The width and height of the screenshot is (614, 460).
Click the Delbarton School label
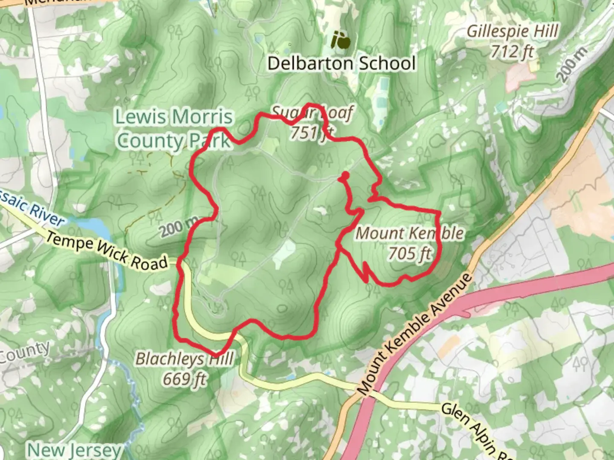341,63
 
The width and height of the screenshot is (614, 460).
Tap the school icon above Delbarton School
341,41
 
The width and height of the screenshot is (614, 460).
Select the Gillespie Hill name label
512,32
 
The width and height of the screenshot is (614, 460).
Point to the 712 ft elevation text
512,52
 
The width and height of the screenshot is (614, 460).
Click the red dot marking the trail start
345,175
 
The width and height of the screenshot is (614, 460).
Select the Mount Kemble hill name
409,233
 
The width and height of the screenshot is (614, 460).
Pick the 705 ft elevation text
409,253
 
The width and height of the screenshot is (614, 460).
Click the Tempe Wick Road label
107,251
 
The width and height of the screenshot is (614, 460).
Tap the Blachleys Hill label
184,359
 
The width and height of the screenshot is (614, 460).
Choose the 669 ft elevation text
184,379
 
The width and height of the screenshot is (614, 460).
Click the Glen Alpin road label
473,430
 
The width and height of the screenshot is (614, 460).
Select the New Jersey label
75,450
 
